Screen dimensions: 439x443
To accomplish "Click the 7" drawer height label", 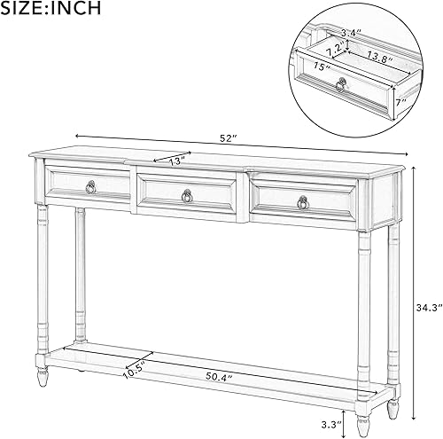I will pyautogui.click(x=401, y=101).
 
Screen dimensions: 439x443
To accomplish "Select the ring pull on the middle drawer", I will pyautogui.click(x=186, y=196).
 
